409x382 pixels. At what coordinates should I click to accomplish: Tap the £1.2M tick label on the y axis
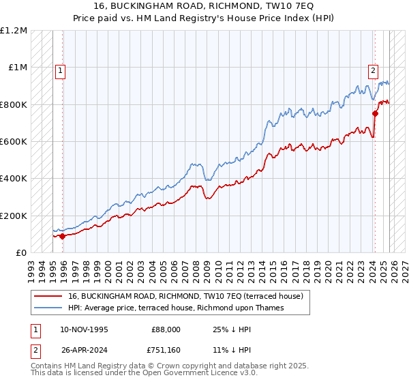click(x=14, y=31)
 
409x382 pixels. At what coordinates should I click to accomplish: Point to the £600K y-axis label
click(x=14, y=142)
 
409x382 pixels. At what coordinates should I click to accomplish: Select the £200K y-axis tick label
click(x=14, y=216)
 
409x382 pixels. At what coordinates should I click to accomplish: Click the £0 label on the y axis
click(x=20, y=253)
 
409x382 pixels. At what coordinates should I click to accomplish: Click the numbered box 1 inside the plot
click(x=60, y=70)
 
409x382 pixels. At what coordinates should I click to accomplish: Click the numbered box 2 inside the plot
click(x=374, y=70)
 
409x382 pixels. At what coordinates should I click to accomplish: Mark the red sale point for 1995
click(x=62, y=237)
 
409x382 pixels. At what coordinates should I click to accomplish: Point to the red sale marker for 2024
click(x=375, y=114)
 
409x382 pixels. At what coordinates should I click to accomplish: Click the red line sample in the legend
click(x=49, y=296)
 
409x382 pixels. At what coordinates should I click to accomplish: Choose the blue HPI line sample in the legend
click(x=49, y=308)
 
